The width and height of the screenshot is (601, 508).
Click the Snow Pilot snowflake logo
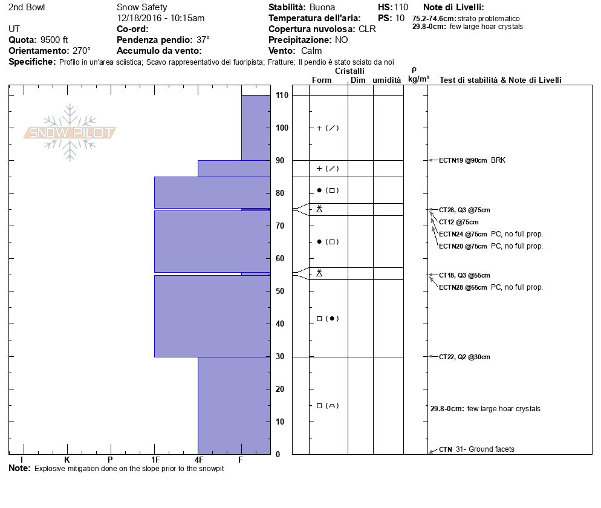coord(70,132)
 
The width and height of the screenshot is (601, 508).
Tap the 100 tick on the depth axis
coord(282,128)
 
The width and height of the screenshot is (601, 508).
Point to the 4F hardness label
coord(198,460)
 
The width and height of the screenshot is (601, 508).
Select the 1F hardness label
coord(155,460)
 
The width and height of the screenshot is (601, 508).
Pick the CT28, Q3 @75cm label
coord(464,210)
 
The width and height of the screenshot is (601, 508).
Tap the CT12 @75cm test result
coord(459,222)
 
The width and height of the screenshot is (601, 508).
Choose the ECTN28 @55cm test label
coord(463,287)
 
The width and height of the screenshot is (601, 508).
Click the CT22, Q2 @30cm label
coord(464,357)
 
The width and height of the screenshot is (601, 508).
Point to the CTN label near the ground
coord(446,449)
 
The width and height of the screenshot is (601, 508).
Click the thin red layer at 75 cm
coord(256,209)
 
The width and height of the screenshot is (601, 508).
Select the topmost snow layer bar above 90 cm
coord(256,128)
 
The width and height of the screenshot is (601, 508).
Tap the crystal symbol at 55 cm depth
coord(319,273)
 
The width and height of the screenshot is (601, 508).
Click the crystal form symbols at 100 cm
coord(328,128)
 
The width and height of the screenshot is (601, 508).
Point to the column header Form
coord(322,80)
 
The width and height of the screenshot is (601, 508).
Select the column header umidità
coord(387,80)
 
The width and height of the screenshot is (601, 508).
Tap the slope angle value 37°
coord(203,40)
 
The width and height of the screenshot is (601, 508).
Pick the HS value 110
coord(401,7)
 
